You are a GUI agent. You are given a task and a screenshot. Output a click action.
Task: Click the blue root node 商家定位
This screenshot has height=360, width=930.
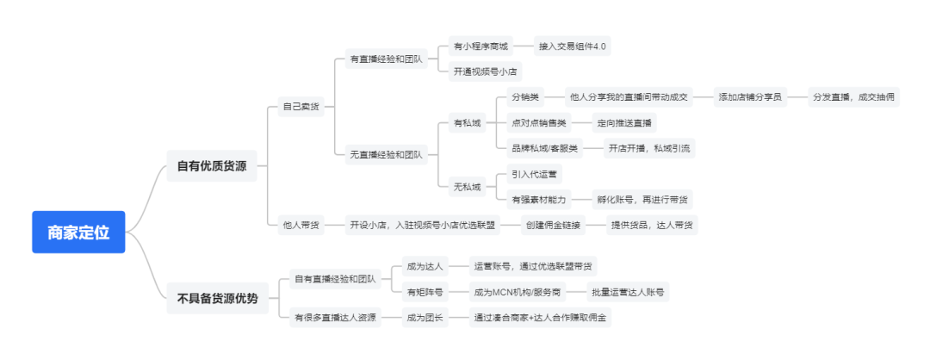(x=78, y=232)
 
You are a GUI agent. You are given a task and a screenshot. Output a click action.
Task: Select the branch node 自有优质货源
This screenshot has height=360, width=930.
(x=212, y=166)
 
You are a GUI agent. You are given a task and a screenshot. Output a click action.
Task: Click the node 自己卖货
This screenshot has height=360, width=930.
(x=301, y=107)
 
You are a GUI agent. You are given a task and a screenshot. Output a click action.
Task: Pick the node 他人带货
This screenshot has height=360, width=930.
(x=301, y=225)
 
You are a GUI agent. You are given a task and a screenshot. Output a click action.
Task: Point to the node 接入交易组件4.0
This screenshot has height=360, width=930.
(x=573, y=46)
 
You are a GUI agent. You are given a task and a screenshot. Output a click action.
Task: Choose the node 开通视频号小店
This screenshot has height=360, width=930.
(x=485, y=71)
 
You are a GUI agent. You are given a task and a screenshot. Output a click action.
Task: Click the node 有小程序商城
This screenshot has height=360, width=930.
(x=480, y=46)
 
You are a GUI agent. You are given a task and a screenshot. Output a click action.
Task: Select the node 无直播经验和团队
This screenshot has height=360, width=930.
(x=386, y=155)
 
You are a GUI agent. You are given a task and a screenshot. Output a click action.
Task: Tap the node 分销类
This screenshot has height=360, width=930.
(x=524, y=97)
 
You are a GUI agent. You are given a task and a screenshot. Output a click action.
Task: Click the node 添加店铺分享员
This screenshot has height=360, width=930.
(x=750, y=97)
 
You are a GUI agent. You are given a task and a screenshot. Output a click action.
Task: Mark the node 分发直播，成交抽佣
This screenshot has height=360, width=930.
(x=854, y=97)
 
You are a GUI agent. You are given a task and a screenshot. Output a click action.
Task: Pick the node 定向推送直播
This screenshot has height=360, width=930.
(x=624, y=122)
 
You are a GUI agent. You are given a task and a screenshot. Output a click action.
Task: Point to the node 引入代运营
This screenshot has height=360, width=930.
(x=534, y=174)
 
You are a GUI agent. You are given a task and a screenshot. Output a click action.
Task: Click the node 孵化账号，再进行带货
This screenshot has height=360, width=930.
(x=643, y=199)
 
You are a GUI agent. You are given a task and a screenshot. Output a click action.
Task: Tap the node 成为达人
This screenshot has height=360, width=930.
(x=425, y=266)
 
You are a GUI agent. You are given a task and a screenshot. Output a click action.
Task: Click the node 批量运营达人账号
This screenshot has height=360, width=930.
(x=629, y=292)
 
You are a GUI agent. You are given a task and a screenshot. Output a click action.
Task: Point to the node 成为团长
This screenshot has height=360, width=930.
(x=425, y=318)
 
